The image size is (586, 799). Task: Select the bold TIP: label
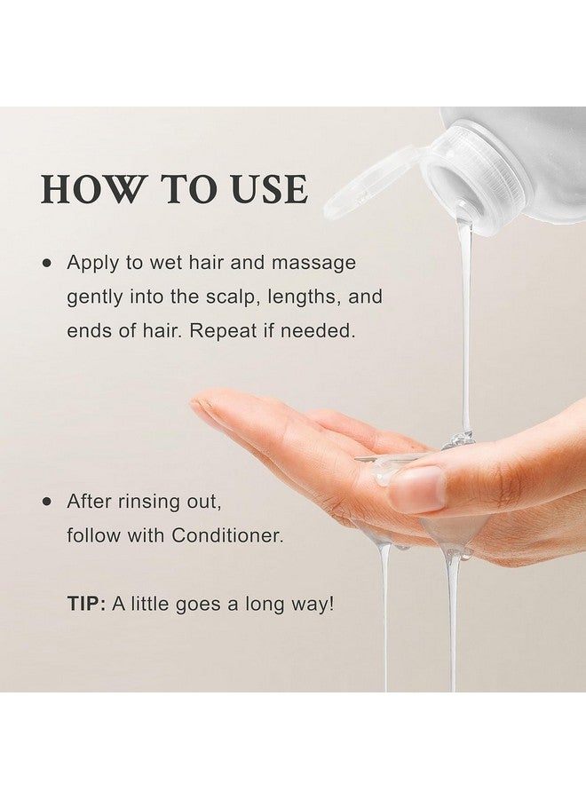(86, 604)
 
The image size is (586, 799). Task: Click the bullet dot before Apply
(47, 264)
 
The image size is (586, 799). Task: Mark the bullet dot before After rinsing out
(47, 502)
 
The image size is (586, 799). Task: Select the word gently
(93, 297)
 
